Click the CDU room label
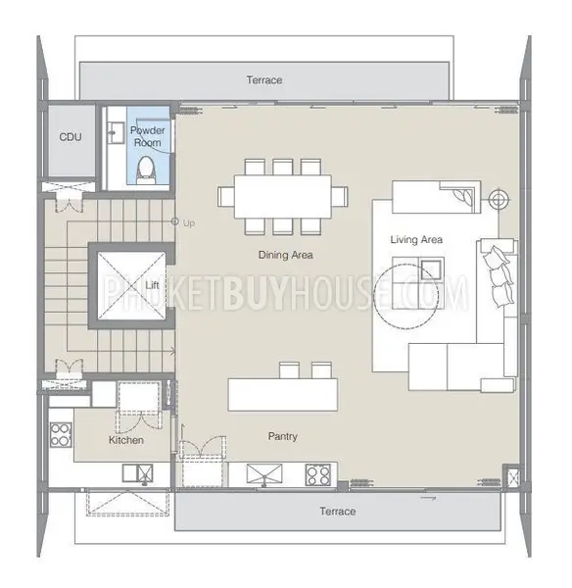pyautogui.click(x=71, y=137)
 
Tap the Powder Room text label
pyautogui.click(x=147, y=136)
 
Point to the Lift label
pyautogui.click(x=152, y=285)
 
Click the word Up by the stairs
pyautogui.click(x=189, y=223)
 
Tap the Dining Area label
pyautogui.click(x=286, y=255)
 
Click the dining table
pyautogui.click(x=283, y=197)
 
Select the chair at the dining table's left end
pyautogui.click(x=225, y=197)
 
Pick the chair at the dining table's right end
pyautogui.click(x=340, y=197)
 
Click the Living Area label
pyautogui.click(x=416, y=240)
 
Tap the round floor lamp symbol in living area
pyautogui.click(x=497, y=201)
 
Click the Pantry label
pyautogui.click(x=283, y=436)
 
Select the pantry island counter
pyautogui.click(x=283, y=395)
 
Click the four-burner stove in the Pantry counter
pyautogui.click(x=318, y=474)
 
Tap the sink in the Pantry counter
pyautogui.click(x=264, y=474)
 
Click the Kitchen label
pyautogui.click(x=126, y=440)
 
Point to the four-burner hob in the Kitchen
pyautogui.click(x=61, y=435)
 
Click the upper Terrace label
pyautogui.click(x=264, y=80)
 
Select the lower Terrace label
pyautogui.click(x=338, y=512)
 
